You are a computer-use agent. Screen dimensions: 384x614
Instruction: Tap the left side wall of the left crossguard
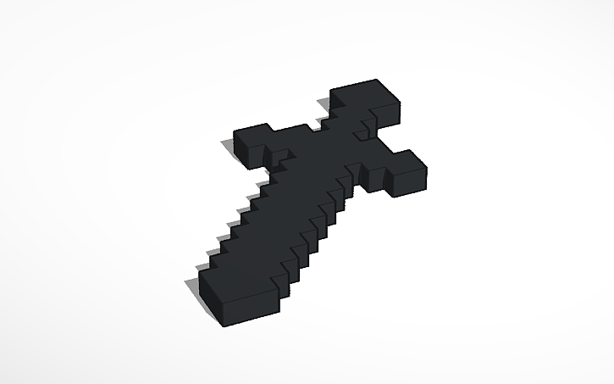tap(241, 153)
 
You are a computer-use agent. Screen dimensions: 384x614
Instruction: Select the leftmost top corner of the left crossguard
tap(233, 134)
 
